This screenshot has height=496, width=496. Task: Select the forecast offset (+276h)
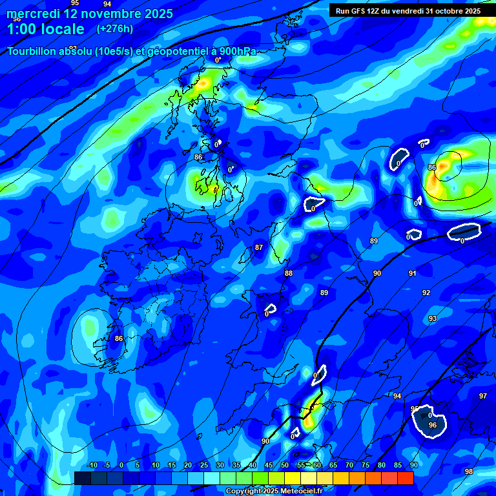tap(115, 29)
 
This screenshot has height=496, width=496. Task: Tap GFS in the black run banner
tap(359, 11)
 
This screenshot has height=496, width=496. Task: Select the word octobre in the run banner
tap(446, 11)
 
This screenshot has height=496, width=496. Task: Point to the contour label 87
tap(259, 247)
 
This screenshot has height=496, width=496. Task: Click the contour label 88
tap(289, 273)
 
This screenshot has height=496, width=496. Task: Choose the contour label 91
tap(412, 273)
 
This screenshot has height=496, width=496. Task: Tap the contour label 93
tap(433, 318)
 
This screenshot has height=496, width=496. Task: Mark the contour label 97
tap(483, 396)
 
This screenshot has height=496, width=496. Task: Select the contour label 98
tap(469, 471)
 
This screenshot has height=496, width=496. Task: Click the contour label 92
tap(426, 293)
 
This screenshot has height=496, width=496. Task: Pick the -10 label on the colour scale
tap(92, 465)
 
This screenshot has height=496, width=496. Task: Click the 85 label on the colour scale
tap(397, 465)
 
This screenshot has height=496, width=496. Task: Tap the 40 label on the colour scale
tap(252, 465)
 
